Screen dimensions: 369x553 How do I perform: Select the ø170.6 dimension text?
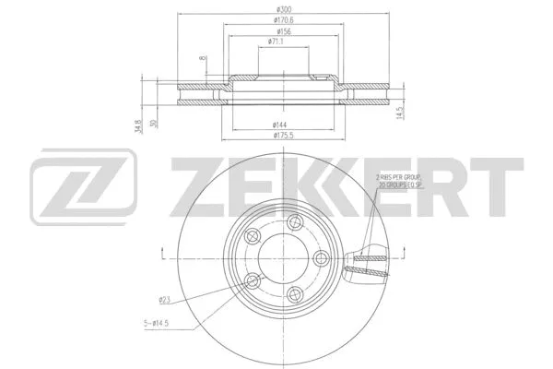coord(276,20)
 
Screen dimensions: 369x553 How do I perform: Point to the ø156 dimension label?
coord(276,31)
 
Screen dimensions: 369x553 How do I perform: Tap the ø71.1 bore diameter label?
coord(276,42)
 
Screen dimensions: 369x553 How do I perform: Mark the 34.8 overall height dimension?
coord(138,125)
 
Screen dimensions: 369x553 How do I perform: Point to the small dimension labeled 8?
coord(202,60)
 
